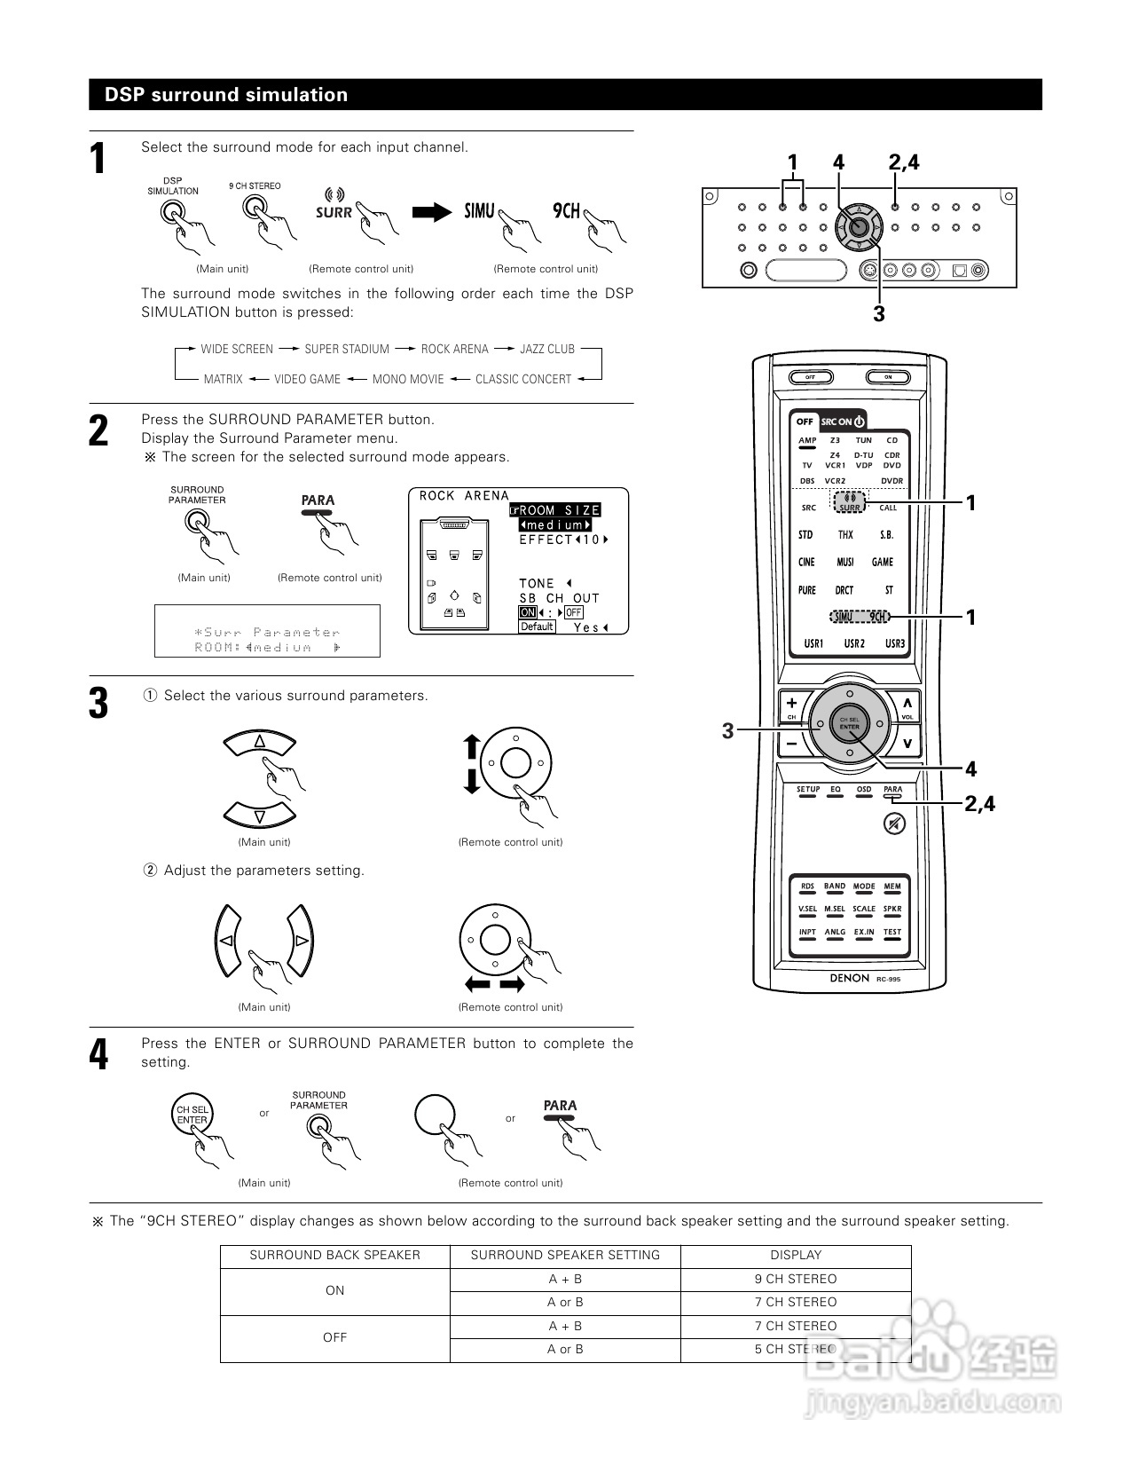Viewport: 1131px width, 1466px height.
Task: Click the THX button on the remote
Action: click(845, 535)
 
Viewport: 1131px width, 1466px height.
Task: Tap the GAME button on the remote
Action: click(883, 563)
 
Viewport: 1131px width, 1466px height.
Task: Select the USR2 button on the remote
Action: click(854, 643)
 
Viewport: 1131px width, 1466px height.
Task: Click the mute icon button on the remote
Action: click(895, 824)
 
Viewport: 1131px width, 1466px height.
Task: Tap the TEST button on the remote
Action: click(891, 933)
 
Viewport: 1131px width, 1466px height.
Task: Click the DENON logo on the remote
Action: click(849, 978)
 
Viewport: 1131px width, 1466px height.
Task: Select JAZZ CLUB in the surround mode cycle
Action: click(547, 350)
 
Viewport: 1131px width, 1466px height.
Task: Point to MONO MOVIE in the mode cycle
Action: click(408, 380)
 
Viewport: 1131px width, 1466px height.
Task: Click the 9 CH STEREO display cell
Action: click(796, 1279)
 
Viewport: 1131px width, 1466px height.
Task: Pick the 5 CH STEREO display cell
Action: click(796, 1349)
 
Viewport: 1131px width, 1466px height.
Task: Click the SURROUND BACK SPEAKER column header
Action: click(334, 1255)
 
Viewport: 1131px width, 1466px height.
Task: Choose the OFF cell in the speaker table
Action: click(334, 1337)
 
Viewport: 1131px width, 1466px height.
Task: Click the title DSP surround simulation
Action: click(226, 95)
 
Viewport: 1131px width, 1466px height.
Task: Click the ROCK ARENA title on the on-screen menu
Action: click(464, 496)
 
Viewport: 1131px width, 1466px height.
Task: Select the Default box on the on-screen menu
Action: click(537, 627)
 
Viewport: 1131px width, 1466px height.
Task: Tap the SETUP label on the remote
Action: click(807, 790)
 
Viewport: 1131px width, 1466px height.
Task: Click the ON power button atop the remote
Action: click(888, 377)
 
